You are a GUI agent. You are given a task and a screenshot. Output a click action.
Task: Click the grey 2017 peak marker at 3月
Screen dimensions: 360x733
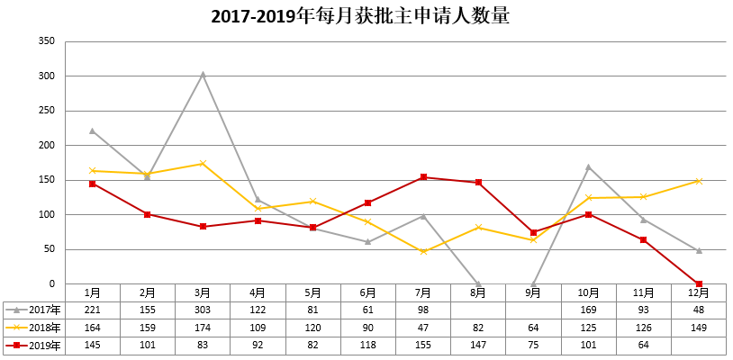[203, 74]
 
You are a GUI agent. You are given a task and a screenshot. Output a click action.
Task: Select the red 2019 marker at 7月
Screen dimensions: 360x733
[423, 177]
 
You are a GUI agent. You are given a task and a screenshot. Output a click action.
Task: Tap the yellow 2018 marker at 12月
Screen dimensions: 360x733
[699, 181]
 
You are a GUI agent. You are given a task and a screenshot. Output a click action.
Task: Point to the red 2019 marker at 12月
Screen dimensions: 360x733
[699, 283]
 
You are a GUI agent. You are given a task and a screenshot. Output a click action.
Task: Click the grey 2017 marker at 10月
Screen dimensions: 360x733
[588, 166]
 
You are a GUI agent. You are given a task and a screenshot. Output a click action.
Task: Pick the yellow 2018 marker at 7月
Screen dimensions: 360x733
[423, 251]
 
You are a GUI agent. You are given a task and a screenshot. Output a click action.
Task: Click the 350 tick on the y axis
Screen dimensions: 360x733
[48, 41]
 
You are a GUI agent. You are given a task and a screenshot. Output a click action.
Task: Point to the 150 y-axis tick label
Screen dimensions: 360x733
[48, 180]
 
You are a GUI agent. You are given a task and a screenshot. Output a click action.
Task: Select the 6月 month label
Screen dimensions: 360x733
[368, 292]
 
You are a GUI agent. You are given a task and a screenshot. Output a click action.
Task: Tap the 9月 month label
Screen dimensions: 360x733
[533, 292]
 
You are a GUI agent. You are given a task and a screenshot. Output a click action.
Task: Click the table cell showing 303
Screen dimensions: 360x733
[203, 310]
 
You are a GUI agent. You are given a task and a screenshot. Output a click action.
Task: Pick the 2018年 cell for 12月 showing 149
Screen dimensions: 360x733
[699, 328]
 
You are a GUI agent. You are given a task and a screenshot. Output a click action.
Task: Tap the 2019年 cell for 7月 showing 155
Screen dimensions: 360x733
[423, 346]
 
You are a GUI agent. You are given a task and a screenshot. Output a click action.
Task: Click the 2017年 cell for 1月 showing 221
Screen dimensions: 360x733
[92, 310]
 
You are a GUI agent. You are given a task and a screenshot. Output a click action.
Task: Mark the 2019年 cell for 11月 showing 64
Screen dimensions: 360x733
[643, 346]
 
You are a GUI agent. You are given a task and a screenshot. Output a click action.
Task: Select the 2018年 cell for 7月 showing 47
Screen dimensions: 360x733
[423, 328]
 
